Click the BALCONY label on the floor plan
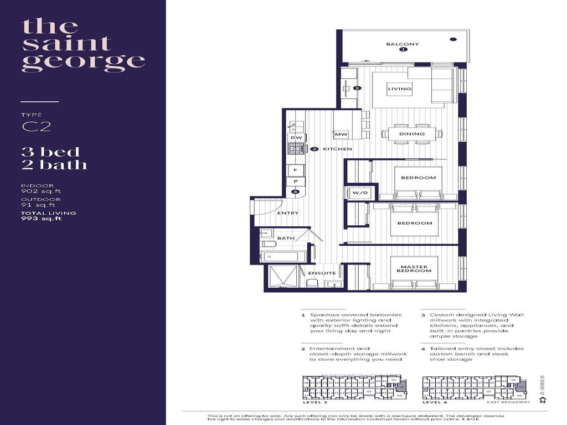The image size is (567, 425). click(x=403, y=44)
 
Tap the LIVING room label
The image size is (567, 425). click(x=399, y=89)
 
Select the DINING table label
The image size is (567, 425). click(x=412, y=134)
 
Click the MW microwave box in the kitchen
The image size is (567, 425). click(x=341, y=134)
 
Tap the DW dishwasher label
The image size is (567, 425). click(x=296, y=137)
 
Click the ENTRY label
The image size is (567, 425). click(x=287, y=213)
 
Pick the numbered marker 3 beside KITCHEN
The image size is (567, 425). click(x=313, y=149)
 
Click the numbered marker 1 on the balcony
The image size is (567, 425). click(x=403, y=50)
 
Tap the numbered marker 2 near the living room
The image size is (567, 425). click(x=357, y=88)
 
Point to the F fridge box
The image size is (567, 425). click(x=296, y=170)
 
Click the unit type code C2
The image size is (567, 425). click(x=37, y=127)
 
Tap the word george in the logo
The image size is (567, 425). click(x=83, y=60)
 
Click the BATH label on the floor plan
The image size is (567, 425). click(x=286, y=239)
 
